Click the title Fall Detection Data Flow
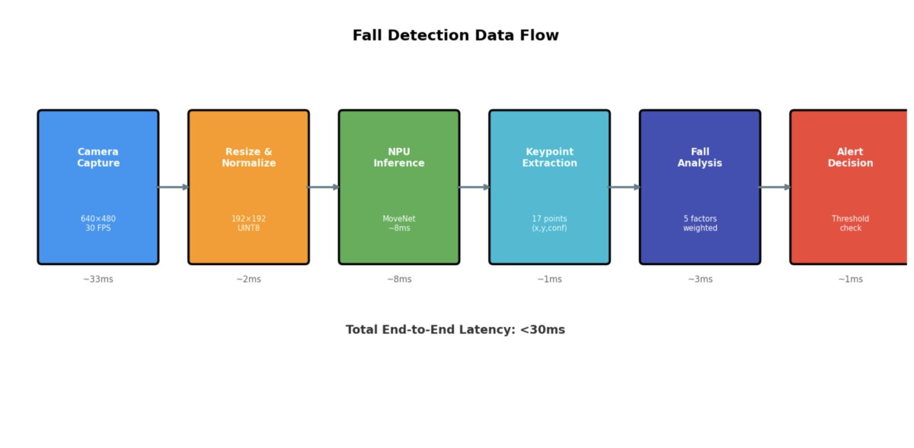click(x=455, y=36)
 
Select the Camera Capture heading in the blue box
click(x=98, y=158)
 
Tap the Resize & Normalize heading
click(x=248, y=158)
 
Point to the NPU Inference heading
click(x=399, y=158)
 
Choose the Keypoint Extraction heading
click(x=549, y=158)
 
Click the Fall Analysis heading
click(x=700, y=158)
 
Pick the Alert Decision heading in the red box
click(x=850, y=158)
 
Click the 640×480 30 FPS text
click(x=98, y=223)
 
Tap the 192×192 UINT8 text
click(x=248, y=223)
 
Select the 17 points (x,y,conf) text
click(x=549, y=223)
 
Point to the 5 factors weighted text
click(x=700, y=223)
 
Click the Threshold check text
click(x=850, y=223)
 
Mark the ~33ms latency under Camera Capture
click(x=98, y=280)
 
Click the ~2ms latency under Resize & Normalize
click(x=248, y=280)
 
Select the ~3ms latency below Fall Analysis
click(x=700, y=280)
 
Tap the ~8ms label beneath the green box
click(x=399, y=280)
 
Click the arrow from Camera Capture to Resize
click(x=174, y=187)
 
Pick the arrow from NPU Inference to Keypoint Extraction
click(x=475, y=187)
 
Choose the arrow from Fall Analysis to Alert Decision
click(x=775, y=187)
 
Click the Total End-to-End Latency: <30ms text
click(x=455, y=330)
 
